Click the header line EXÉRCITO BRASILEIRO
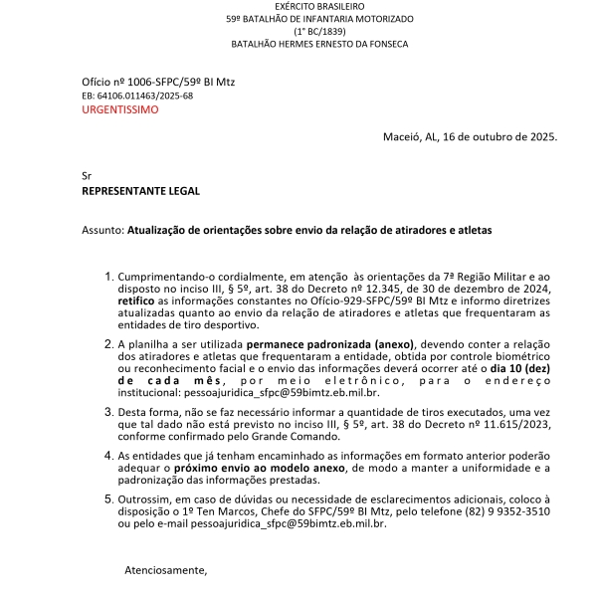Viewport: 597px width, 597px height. (319, 6)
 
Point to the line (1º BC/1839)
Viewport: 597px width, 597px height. (319, 32)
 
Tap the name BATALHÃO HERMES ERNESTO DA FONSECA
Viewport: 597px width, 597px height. (319, 45)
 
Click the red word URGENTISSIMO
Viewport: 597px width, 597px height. (119, 109)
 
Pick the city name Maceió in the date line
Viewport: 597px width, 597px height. (402, 137)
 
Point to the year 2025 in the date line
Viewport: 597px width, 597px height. (543, 137)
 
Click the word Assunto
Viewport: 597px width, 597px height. (102, 230)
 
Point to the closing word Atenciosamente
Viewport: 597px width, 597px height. (165, 570)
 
